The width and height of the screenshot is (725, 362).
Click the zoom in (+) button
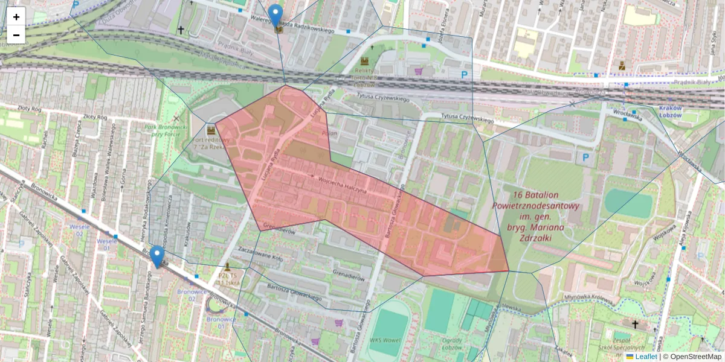tap(16, 17)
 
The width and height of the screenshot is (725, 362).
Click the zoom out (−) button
tap(16, 35)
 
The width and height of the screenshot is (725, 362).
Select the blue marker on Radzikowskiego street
tap(275, 16)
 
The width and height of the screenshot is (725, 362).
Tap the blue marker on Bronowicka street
tap(157, 256)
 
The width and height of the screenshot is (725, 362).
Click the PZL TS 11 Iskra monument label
tap(229, 278)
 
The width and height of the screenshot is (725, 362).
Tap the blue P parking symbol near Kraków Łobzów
tap(584, 158)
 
